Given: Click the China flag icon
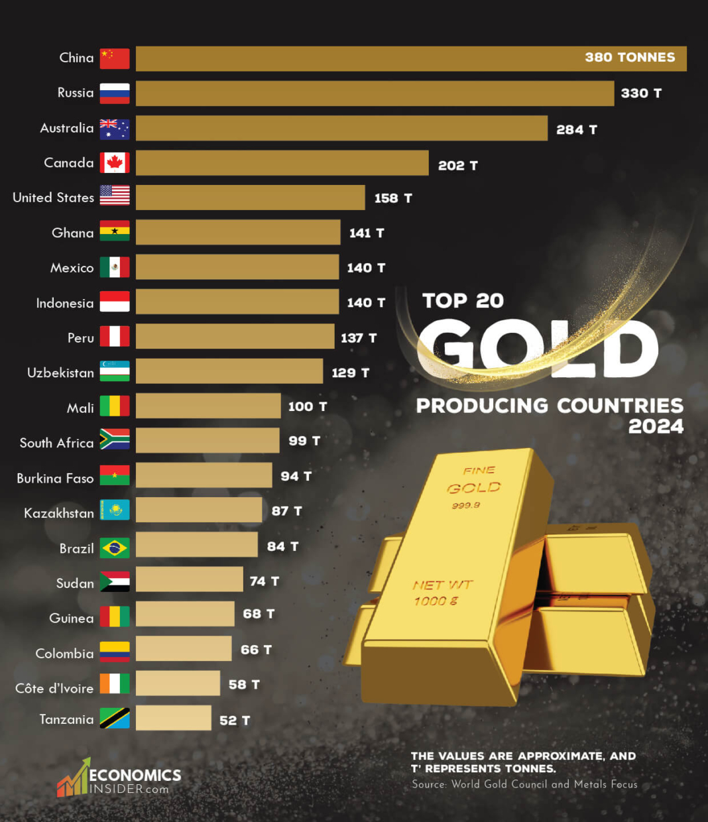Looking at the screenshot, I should click(x=115, y=58).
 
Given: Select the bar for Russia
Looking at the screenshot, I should click(x=375, y=93).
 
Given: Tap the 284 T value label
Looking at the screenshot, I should click(x=576, y=130).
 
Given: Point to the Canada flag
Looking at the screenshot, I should click(x=115, y=162).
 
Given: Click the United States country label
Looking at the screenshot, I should click(x=53, y=198).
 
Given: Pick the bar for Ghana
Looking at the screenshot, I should click(x=238, y=233).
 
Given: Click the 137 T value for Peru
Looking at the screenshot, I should click(x=358, y=338).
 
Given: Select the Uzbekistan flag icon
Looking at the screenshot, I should click(x=115, y=371).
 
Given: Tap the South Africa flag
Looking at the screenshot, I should click(x=115, y=440).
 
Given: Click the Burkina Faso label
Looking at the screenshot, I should click(x=55, y=478).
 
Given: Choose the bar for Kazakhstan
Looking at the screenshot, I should click(x=199, y=510).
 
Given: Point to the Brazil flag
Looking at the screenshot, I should click(x=115, y=548).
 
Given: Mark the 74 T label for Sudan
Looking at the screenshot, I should click(x=264, y=581).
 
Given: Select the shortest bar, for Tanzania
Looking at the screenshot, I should click(x=174, y=718).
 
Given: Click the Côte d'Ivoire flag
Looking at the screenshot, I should click(x=115, y=683).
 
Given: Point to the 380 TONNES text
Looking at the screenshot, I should click(x=630, y=58).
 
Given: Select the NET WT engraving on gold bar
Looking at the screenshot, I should click(x=442, y=585).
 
